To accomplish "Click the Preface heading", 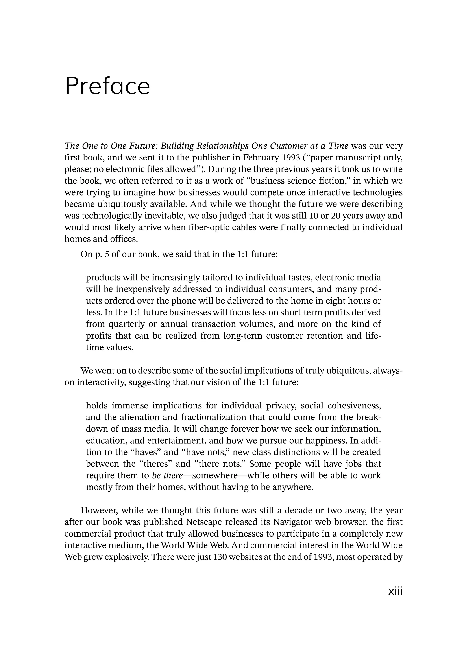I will coord(107,86).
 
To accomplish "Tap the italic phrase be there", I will coord(167,475).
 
